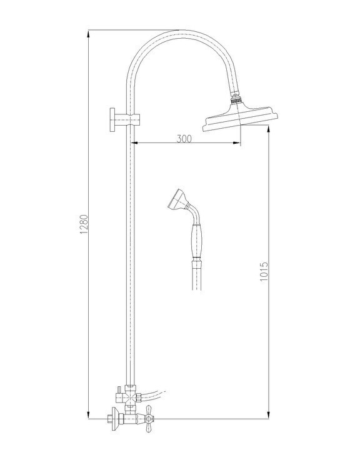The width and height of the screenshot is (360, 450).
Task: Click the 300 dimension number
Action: [183, 139]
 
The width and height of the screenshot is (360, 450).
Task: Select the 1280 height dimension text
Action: [83, 226]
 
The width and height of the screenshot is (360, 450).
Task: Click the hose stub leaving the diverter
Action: [153, 394]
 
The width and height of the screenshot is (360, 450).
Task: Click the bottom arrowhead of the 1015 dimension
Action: [269, 416]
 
